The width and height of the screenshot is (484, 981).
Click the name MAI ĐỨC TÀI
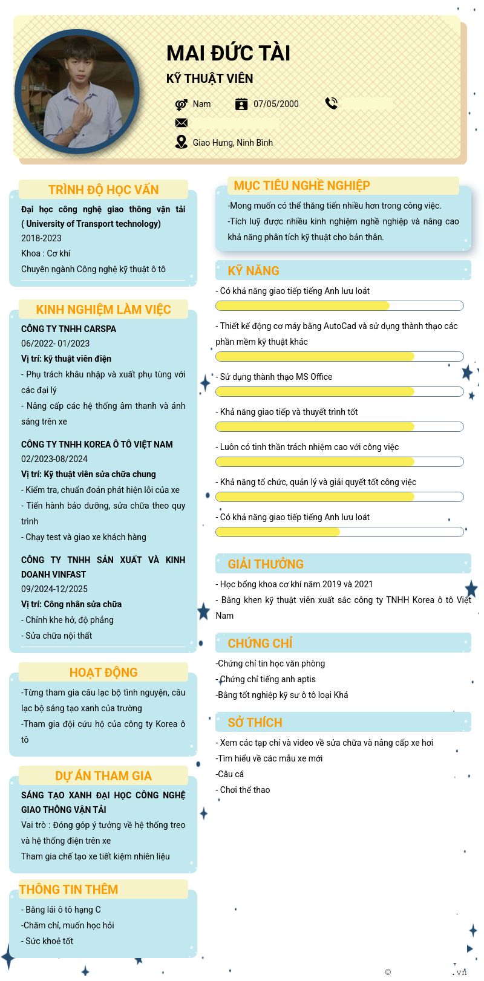pyautogui.click(x=228, y=53)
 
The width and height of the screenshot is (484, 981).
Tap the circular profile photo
pyautogui.click(x=77, y=92)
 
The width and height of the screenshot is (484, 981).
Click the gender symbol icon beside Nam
pyautogui.click(x=181, y=104)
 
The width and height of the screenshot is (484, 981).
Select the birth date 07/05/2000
pyautogui.click(x=276, y=104)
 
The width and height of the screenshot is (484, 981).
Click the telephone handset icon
pyautogui.click(x=331, y=103)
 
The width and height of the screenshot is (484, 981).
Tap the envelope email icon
pyautogui.click(x=181, y=123)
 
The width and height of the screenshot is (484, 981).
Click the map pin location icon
pyautogui.click(x=181, y=142)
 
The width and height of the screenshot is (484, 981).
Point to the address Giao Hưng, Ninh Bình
pyautogui.click(x=233, y=143)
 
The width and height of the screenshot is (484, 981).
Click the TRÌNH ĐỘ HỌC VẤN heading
pyautogui.click(x=103, y=190)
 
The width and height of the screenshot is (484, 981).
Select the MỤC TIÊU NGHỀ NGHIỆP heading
pyautogui.click(x=302, y=186)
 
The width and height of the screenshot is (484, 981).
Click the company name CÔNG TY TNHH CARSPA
pyautogui.click(x=68, y=329)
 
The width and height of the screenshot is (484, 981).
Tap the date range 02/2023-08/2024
pyautogui.click(x=54, y=459)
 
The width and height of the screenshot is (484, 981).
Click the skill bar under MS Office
pyautogui.click(x=339, y=392)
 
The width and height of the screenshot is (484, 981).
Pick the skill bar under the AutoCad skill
pyautogui.click(x=339, y=357)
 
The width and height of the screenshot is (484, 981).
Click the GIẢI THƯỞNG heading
pyautogui.click(x=266, y=564)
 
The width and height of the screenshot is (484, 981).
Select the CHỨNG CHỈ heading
pyautogui.click(x=260, y=644)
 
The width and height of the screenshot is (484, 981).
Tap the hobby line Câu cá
pyautogui.click(x=231, y=774)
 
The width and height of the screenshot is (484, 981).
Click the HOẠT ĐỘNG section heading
pyautogui.click(x=103, y=673)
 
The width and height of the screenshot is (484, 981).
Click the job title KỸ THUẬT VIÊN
pyautogui.click(x=209, y=79)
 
